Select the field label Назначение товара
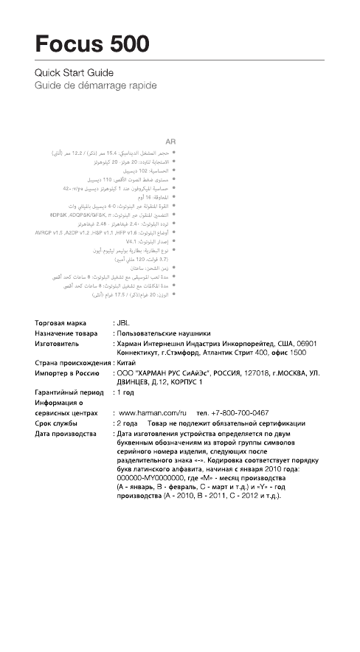click(66, 333)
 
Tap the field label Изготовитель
click(58, 344)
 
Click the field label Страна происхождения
click(72, 364)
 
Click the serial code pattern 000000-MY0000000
click(155, 478)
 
